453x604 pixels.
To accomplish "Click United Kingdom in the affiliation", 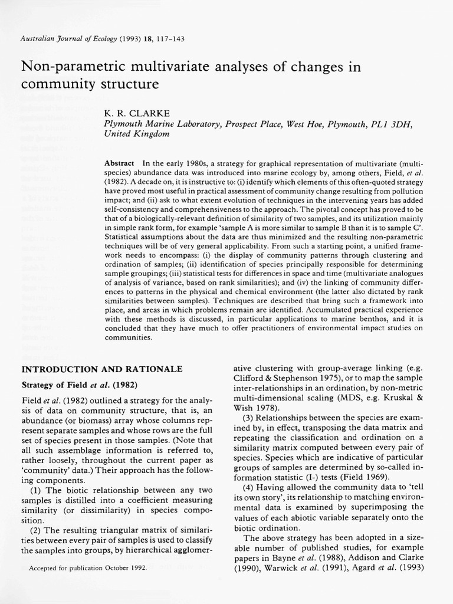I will click(136, 134).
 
